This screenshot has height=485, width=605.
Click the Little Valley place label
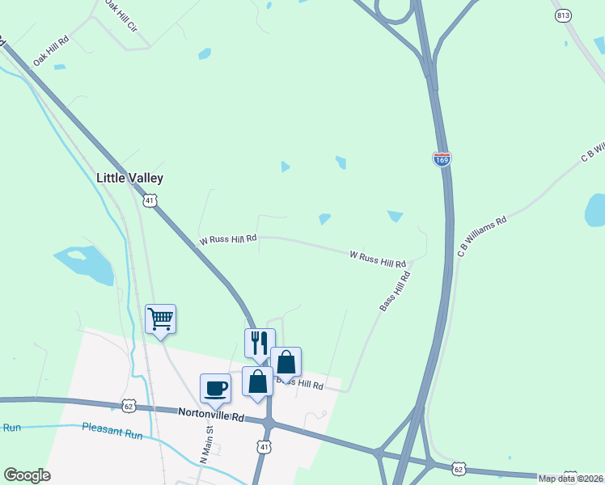(x=129, y=178)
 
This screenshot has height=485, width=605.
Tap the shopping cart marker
(x=161, y=318)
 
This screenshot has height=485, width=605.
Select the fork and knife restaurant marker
(x=260, y=342)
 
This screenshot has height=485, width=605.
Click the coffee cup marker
(x=216, y=387)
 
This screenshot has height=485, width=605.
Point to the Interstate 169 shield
(x=442, y=159)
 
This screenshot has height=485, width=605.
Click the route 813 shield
(x=564, y=15)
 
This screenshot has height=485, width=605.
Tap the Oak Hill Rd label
(x=51, y=51)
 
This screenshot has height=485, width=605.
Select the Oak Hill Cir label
(x=121, y=16)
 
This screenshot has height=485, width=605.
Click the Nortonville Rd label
(x=211, y=415)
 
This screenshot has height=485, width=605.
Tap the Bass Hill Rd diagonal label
(x=395, y=291)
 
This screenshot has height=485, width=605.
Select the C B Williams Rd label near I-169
(x=481, y=237)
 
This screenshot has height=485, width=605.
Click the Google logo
(x=27, y=475)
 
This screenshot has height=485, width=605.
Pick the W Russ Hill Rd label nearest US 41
(x=228, y=239)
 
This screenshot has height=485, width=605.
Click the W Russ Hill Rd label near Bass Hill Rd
(x=378, y=259)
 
